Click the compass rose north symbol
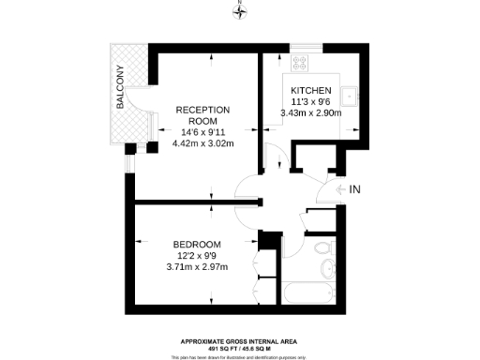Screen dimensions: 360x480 [x=241, y=12]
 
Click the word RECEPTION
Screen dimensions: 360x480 [x=203, y=109]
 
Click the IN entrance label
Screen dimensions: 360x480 [x=354, y=190]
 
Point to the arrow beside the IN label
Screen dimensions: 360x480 [x=339, y=190]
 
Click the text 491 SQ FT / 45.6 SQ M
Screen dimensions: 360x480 [x=241, y=349]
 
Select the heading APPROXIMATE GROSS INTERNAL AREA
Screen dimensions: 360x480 [x=241, y=341]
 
